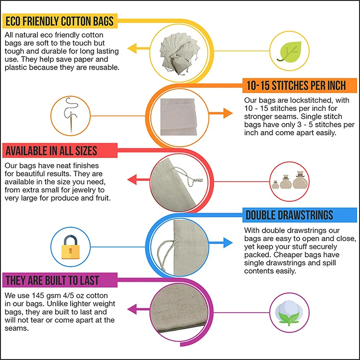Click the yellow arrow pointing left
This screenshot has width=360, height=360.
coord(142,48)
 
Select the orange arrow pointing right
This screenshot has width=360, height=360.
coord(219,114)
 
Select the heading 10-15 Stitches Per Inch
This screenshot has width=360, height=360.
coord(296,86)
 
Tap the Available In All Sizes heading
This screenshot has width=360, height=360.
coord(51,151)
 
